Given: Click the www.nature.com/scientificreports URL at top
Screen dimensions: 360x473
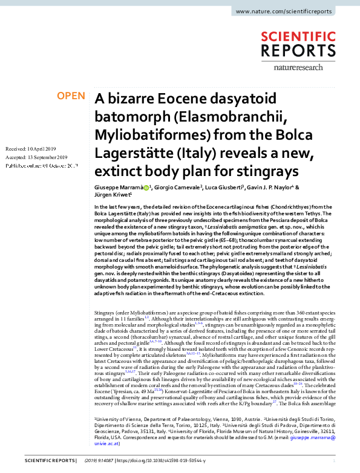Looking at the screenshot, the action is pos(293,11).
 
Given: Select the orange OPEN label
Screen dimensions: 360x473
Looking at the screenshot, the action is pos(71,96).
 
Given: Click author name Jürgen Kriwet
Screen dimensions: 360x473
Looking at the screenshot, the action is pos(112,195).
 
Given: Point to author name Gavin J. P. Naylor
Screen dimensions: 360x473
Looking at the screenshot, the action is pos(280,188).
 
